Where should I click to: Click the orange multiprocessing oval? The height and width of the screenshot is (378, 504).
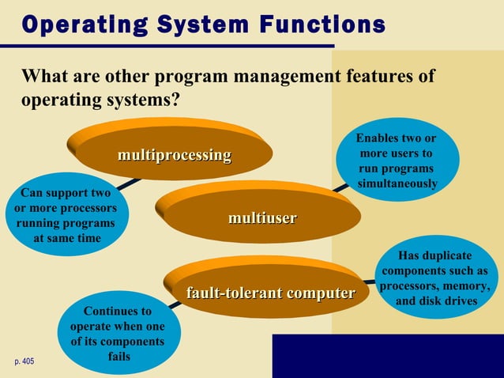(x=174, y=154)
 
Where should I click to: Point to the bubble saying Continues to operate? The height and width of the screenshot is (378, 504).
(x=117, y=333)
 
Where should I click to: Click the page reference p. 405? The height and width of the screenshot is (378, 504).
(x=24, y=361)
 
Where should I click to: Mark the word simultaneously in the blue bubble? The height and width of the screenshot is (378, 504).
(x=397, y=184)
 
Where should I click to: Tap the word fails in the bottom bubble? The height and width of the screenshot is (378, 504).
(x=118, y=357)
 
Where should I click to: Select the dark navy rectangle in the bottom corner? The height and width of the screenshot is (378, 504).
(x=387, y=355)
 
